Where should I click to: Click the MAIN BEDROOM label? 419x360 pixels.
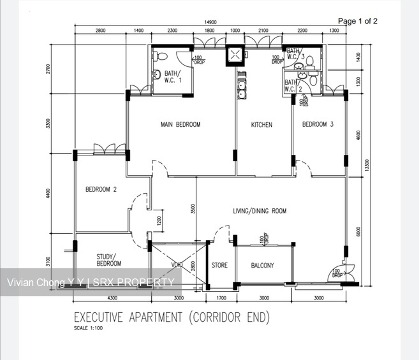(180, 125)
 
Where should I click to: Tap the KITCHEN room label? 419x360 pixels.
(261, 125)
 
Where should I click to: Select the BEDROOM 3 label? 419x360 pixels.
(318, 124)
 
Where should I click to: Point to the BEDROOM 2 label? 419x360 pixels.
(101, 189)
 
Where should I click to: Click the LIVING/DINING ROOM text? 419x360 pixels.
(259, 210)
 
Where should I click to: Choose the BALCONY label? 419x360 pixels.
(262, 266)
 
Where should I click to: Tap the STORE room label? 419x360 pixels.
(219, 266)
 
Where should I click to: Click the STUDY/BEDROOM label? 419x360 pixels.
(108, 259)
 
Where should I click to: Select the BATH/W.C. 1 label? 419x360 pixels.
(173, 76)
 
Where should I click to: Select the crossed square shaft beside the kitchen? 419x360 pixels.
(235, 55)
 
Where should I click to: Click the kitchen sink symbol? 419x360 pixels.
(242, 89)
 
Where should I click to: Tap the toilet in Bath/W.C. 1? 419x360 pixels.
(156, 74)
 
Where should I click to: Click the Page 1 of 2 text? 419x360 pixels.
(357, 21)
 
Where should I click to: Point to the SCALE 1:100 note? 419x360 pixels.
(89, 329)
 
